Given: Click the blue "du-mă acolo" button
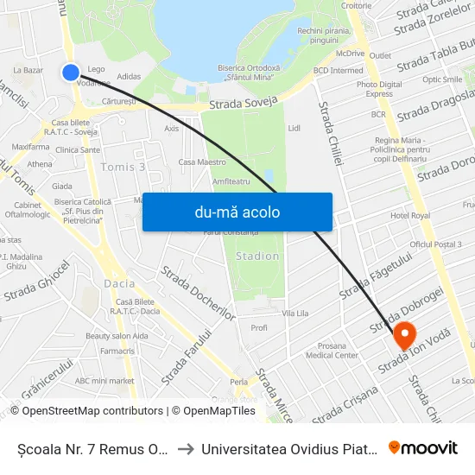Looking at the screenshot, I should pos(237,212).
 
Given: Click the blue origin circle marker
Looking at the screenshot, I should pos(72,73).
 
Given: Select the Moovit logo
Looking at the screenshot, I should pos(423,447).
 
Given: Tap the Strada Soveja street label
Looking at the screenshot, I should pos(243,103).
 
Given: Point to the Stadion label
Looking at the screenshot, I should pos(257,256).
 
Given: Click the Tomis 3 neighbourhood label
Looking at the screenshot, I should pos(123,167).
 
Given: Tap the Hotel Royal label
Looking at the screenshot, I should pos(410,215).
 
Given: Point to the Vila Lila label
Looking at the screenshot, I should pos(295,312).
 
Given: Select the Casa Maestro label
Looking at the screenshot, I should pos(201,161).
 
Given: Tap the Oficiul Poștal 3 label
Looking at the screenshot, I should pos(436,245).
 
